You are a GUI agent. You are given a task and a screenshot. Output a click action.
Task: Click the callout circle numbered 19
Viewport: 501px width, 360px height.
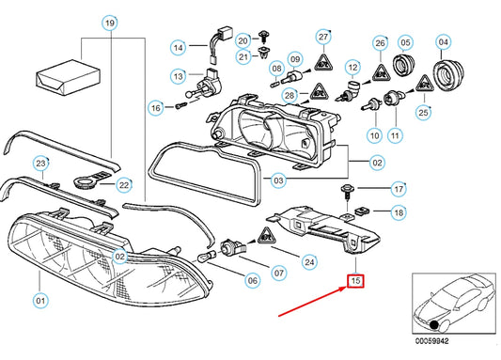(x=111, y=22)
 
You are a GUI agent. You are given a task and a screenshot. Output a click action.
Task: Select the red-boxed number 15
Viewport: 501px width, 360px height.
(x=355, y=280)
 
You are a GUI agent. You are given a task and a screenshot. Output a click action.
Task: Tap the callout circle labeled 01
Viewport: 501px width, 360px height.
(x=39, y=301)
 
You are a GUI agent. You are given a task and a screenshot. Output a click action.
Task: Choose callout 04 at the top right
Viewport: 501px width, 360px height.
(x=445, y=42)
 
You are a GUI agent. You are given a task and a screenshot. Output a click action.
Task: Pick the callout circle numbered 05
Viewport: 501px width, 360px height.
(x=406, y=42)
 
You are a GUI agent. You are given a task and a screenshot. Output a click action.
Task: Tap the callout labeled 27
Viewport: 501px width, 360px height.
(x=323, y=37)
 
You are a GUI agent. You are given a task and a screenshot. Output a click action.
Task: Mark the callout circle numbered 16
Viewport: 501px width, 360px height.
(x=156, y=108)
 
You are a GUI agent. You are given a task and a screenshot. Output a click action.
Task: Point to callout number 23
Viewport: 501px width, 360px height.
(x=40, y=164)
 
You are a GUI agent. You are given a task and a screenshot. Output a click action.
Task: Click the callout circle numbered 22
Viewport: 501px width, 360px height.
(x=124, y=186)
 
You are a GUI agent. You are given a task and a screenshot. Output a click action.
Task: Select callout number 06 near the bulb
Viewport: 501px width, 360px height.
(x=252, y=280)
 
